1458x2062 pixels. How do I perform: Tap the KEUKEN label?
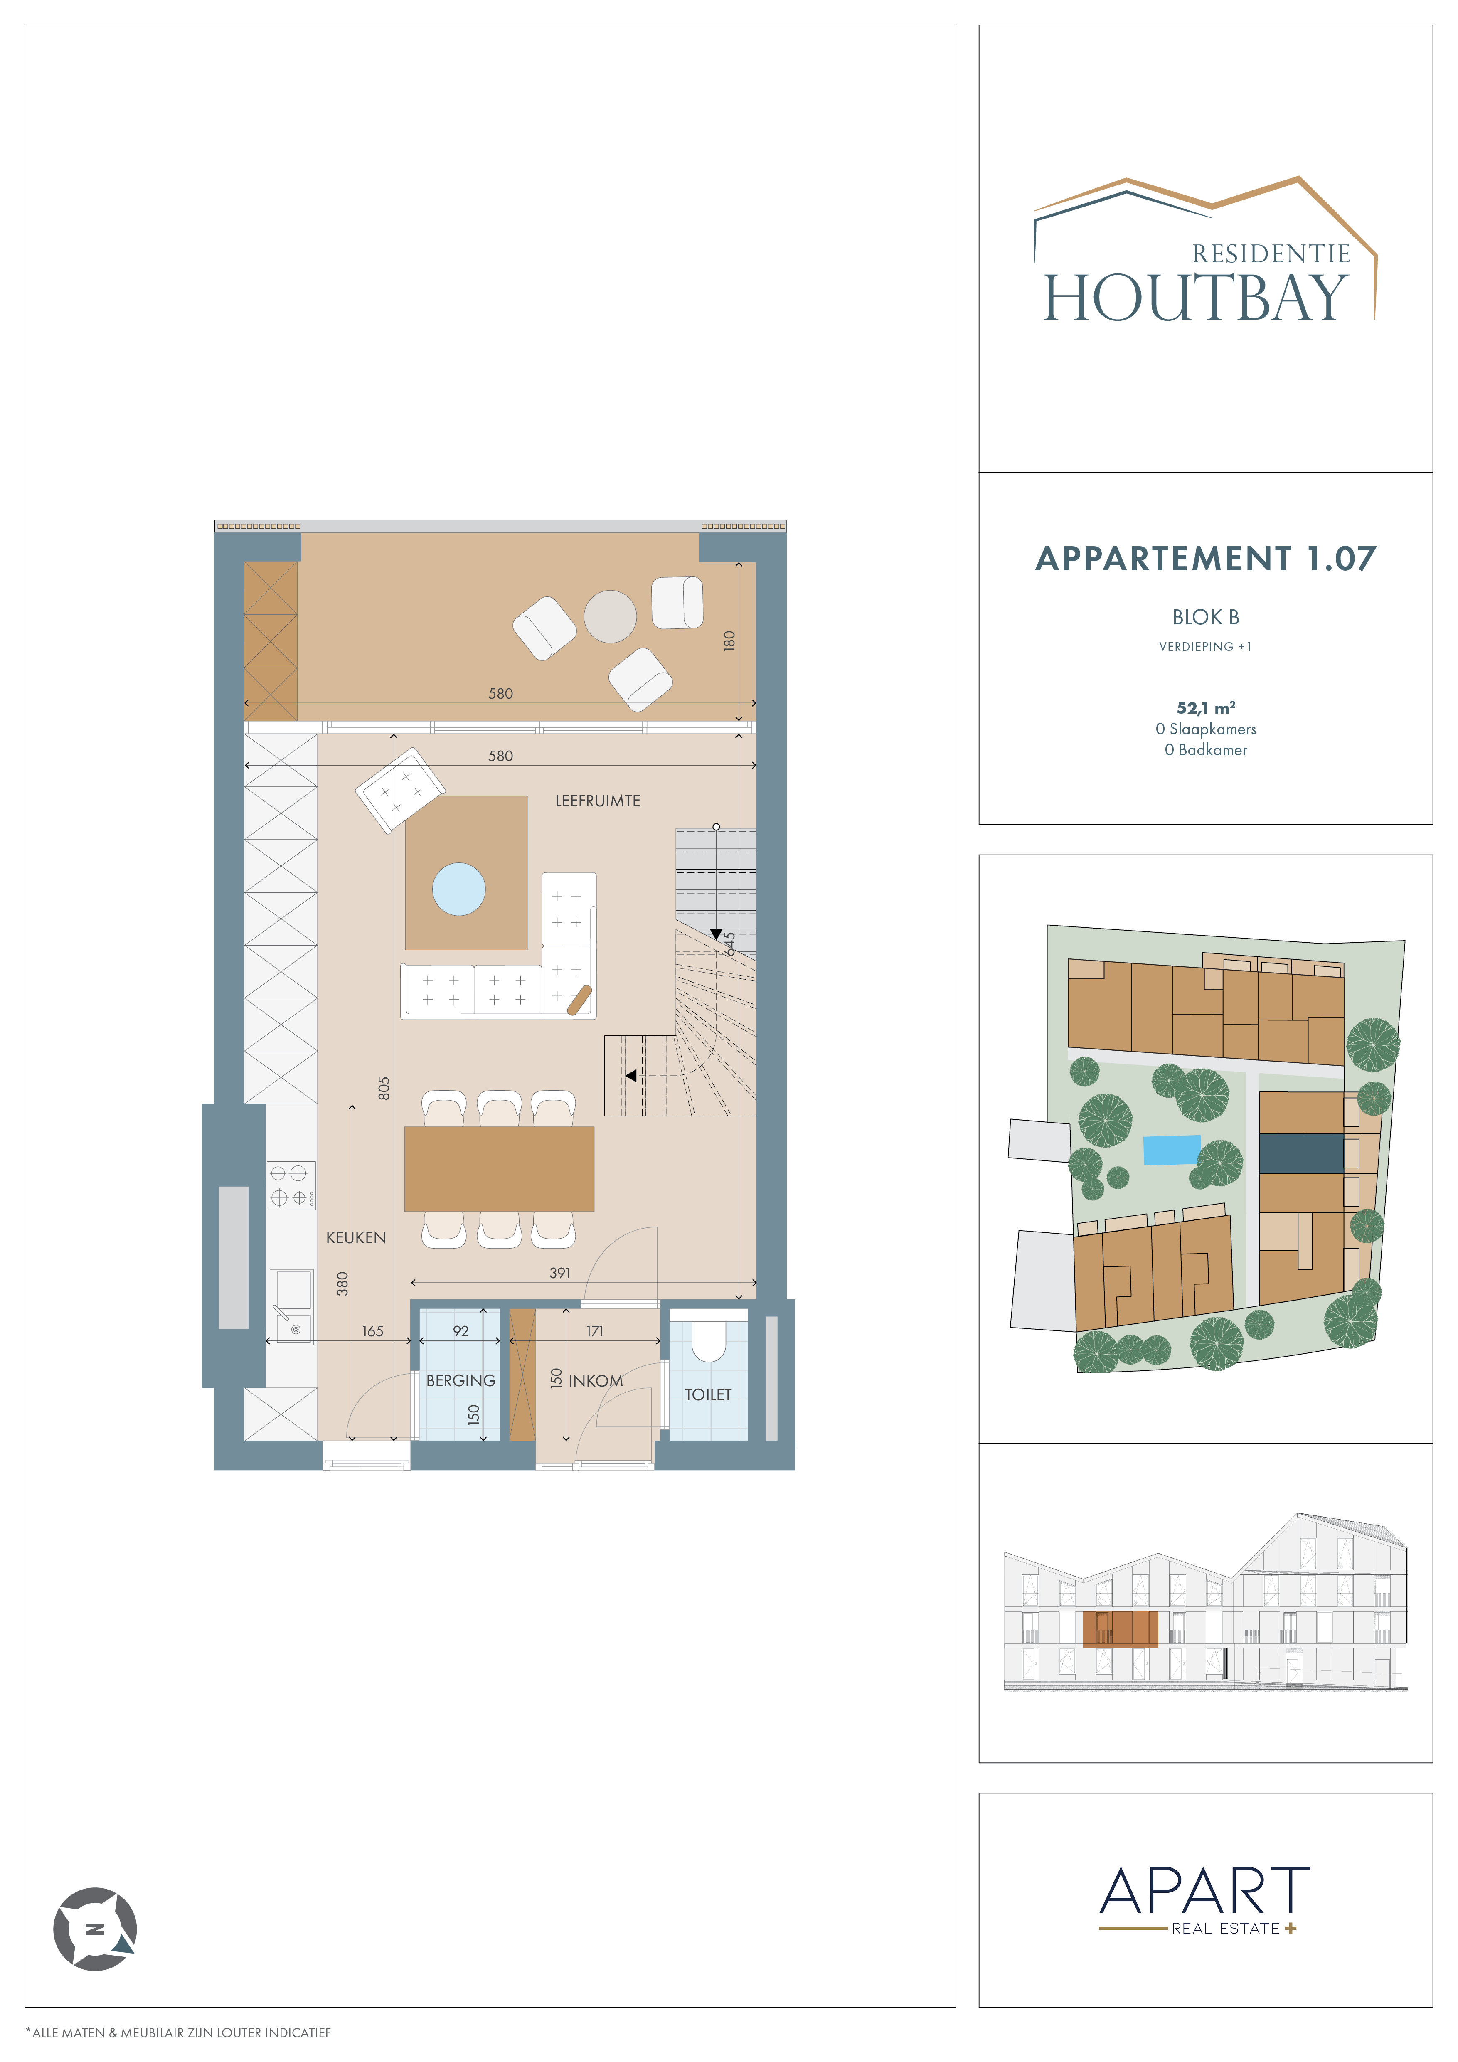355,1237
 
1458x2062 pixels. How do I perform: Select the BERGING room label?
461,1380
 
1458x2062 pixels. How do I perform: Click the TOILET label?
708,1395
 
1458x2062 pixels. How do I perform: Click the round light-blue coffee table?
459,889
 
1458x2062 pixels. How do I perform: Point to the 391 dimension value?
559,1273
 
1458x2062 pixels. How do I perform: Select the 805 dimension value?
384,1089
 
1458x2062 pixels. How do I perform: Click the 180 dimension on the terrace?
729,641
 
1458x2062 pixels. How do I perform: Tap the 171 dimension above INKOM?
594,1331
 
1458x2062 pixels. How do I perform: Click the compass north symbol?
95,1929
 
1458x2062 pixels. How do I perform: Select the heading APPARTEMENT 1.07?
1206,559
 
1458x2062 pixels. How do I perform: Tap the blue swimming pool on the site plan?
1172,1150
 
